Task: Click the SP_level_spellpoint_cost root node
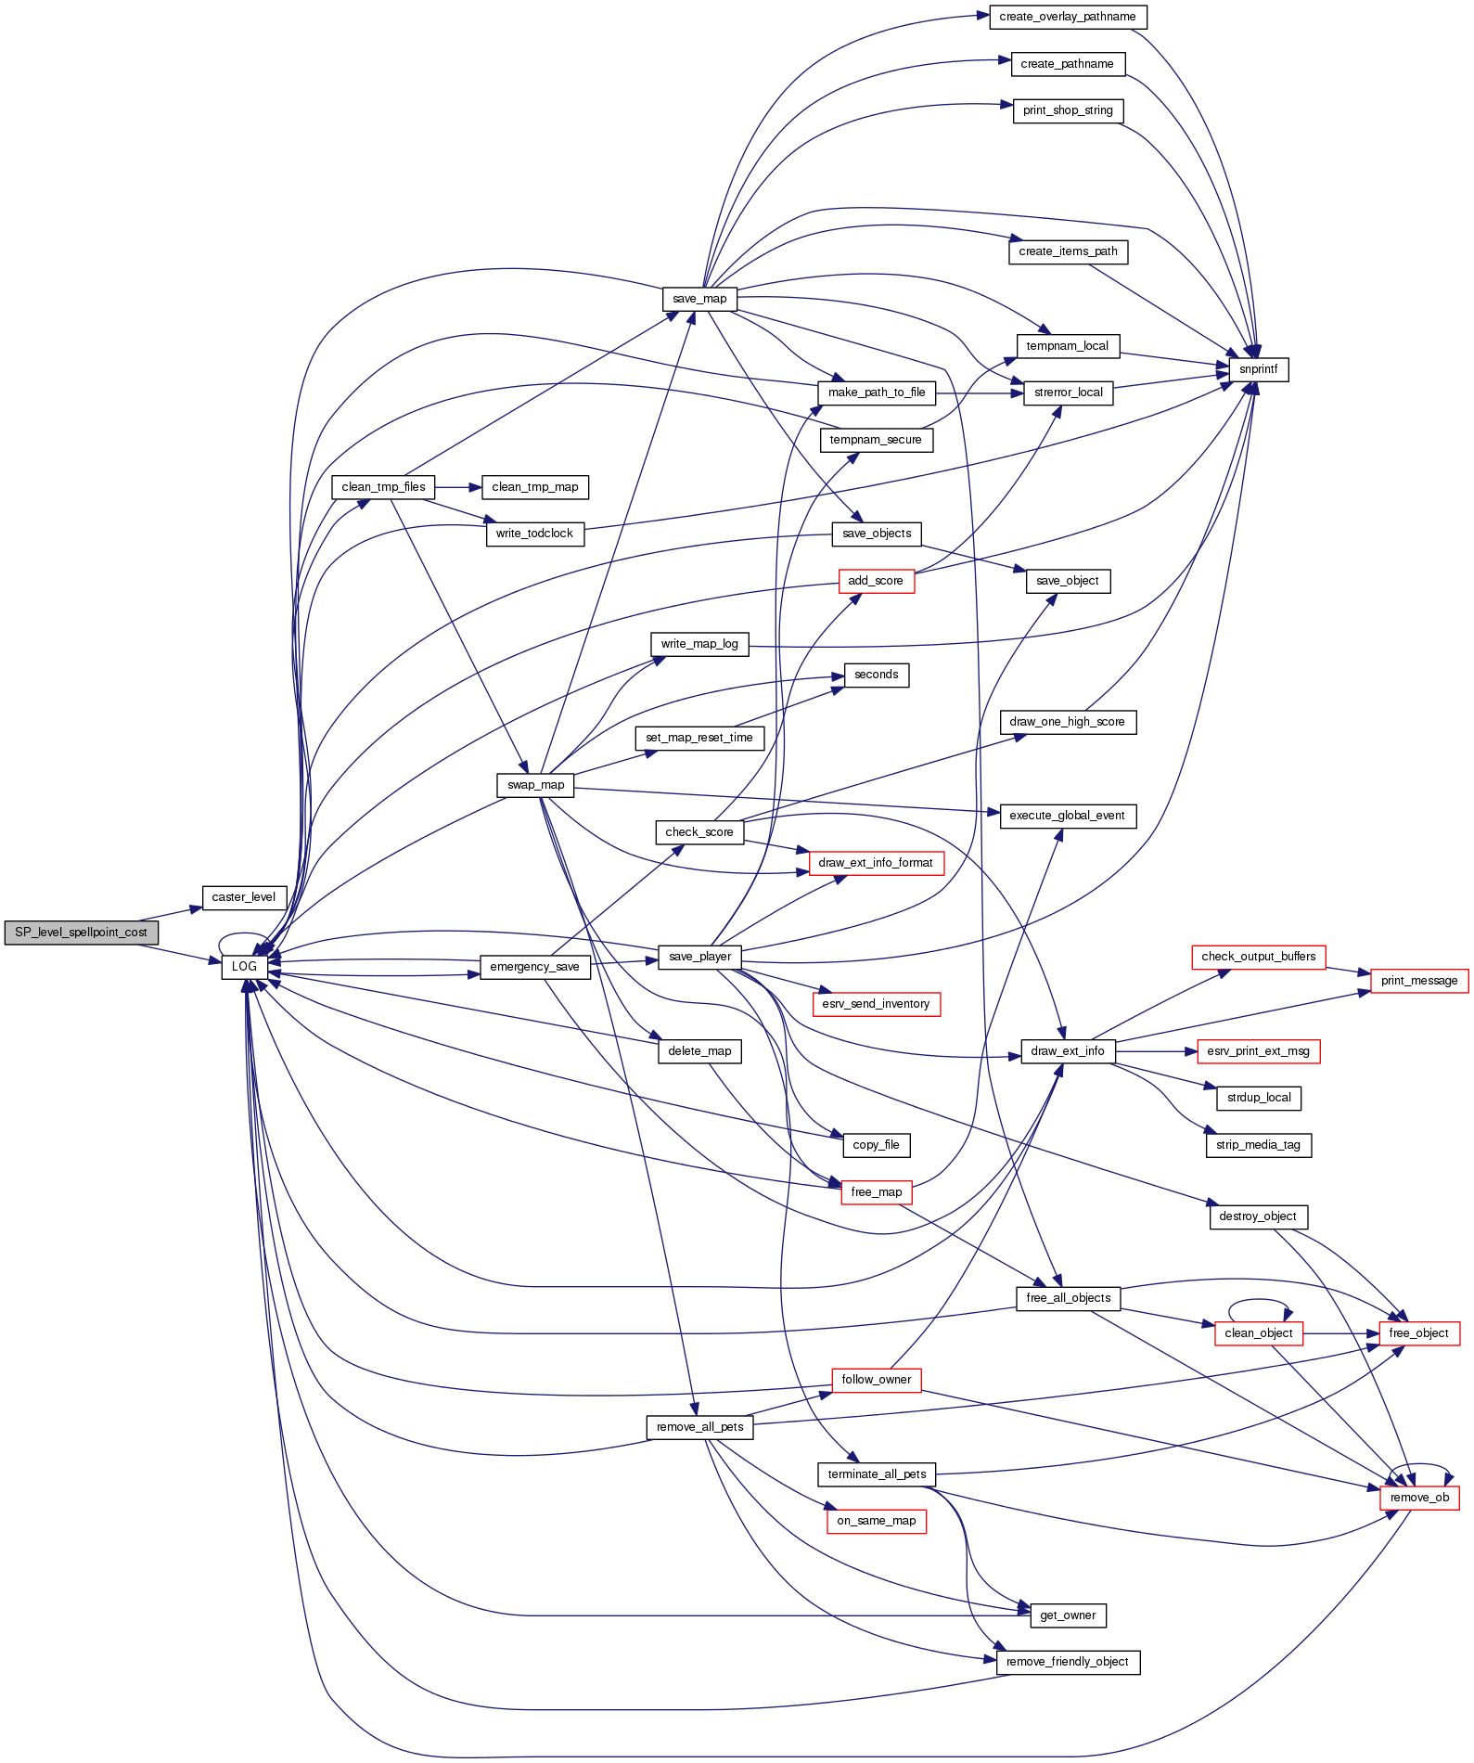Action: pyautogui.click(x=81, y=933)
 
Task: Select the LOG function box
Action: pyautogui.click(x=244, y=967)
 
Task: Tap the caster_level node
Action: pyautogui.click(x=244, y=897)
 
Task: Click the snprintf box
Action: pyautogui.click(x=1258, y=369)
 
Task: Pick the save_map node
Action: pyautogui.click(x=699, y=299)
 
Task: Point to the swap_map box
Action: pyautogui.click(x=535, y=785)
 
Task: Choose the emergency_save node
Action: pyautogui.click(x=534, y=967)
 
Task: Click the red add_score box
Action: pyautogui.click(x=876, y=581)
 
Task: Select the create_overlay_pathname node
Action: pyautogui.click(x=1068, y=17)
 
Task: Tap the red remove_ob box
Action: pyautogui.click(x=1419, y=1498)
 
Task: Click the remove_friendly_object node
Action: pyautogui.click(x=1068, y=1662)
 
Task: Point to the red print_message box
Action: pyautogui.click(x=1418, y=981)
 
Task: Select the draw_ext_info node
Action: pyautogui.click(x=1068, y=1051)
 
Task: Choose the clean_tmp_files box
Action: pyautogui.click(x=383, y=487)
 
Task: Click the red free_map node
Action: pyautogui.click(x=876, y=1192)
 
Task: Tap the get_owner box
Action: pyautogui.click(x=1068, y=1615)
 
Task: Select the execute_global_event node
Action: pyautogui.click(x=1067, y=816)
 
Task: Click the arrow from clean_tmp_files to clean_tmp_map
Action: pyautogui.click(x=458, y=487)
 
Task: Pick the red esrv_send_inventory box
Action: pyautogui.click(x=876, y=1004)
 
